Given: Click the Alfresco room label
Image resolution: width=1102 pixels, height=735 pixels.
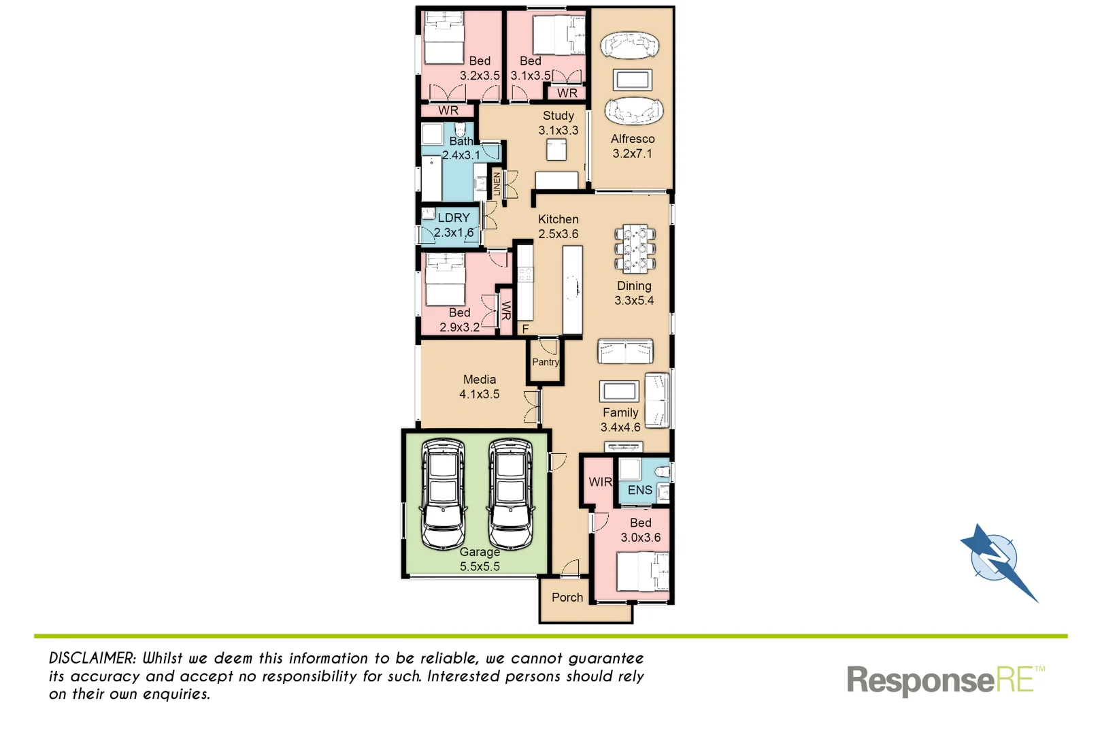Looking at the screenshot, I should click(x=632, y=139).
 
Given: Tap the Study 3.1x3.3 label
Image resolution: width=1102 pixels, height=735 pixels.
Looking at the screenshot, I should click(x=558, y=123).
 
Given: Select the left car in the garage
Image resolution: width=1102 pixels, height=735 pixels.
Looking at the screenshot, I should click(x=443, y=493).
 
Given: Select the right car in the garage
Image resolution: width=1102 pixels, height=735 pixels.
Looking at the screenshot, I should click(x=510, y=493).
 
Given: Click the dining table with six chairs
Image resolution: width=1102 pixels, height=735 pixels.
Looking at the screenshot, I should click(x=635, y=249).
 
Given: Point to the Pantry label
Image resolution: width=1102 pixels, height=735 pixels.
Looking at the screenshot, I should click(x=546, y=362).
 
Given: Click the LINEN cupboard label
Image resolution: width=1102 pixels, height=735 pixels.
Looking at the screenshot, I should click(x=497, y=184).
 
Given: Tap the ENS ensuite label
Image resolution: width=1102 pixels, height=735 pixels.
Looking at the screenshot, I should click(x=639, y=490).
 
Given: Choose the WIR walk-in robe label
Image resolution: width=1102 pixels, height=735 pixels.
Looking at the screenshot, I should click(x=600, y=482).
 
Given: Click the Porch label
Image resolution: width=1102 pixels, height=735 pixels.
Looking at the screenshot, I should click(x=567, y=598).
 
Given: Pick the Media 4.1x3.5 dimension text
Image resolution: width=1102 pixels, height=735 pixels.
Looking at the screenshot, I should click(x=480, y=394).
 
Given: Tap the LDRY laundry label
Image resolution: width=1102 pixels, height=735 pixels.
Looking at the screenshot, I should click(x=454, y=218).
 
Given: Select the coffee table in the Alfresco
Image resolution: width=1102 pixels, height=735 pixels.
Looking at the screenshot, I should click(x=632, y=80).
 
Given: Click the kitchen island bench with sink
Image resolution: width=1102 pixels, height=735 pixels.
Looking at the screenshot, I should click(x=573, y=290).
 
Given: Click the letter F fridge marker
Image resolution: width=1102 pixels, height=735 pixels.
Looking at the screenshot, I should click(x=525, y=329).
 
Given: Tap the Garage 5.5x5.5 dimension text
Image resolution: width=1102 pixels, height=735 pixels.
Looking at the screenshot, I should click(x=480, y=566).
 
